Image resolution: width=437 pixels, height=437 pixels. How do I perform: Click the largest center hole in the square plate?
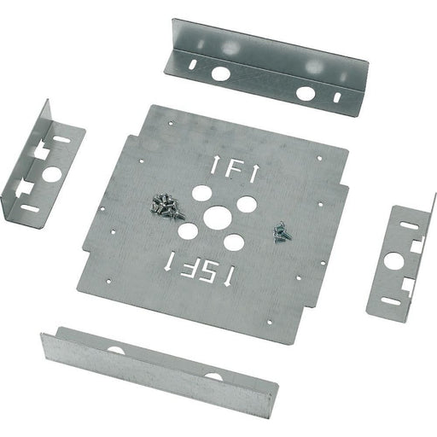click(218, 218)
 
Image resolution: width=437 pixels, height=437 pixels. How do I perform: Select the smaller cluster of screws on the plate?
click(283, 232)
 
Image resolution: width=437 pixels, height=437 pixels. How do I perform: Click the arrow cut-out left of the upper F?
click(213, 165)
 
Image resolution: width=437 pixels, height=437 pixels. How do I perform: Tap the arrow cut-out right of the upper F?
click(254, 173)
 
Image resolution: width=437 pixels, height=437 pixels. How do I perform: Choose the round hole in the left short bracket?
click(52, 174)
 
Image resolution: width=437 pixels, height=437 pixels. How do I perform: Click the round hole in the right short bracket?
click(393, 260)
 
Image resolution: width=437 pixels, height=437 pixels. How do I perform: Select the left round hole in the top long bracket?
click(221, 73)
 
